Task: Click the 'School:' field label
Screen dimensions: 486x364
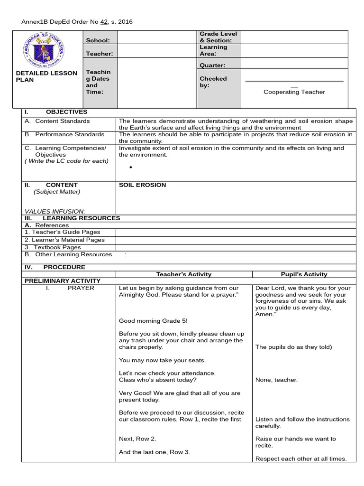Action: coord(98,41)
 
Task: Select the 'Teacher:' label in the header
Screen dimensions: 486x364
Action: coord(100,54)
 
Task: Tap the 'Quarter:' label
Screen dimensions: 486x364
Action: coord(212,65)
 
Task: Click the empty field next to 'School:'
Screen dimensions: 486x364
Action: coord(157,38)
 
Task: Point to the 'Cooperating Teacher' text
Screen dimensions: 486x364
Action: coord(294,92)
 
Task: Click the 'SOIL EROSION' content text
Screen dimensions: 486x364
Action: coord(142,185)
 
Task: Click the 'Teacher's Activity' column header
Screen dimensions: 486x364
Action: coord(184,274)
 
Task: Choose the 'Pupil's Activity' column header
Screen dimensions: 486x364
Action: coord(304,274)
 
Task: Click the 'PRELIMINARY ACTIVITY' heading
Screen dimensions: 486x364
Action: coord(63,281)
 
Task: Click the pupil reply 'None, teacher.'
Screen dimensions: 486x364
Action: coord(276,380)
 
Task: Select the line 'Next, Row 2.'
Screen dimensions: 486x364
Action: coord(137,439)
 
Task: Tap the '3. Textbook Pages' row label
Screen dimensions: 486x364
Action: coord(53,247)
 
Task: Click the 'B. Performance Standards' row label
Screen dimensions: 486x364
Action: coord(64,135)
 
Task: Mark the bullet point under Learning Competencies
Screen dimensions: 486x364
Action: coord(130,168)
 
